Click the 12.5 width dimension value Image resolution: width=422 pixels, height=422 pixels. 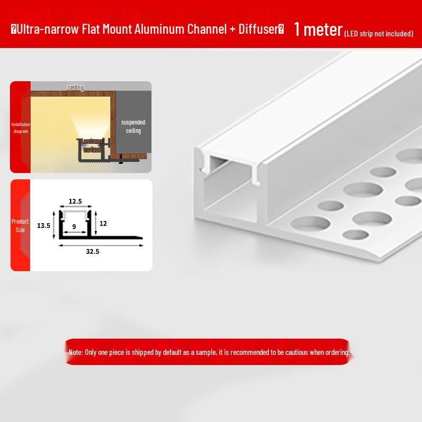pos(75,201)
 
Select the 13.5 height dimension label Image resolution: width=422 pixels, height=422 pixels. pos(44,225)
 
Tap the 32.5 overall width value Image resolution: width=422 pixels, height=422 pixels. pos(93,252)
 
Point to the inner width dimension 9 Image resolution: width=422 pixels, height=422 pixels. pos(74,226)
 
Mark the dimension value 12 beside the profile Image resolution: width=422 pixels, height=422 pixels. pos(103,224)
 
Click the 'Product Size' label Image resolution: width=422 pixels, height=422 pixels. pos(20,226)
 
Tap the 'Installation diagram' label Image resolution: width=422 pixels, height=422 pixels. pos(21,128)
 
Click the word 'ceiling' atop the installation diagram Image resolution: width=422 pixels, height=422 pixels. pos(76,88)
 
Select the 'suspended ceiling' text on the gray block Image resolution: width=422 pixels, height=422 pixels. pos(133,126)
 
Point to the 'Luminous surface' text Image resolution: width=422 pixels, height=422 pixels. pos(92,146)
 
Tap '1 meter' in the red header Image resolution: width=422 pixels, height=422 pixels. pos(318,30)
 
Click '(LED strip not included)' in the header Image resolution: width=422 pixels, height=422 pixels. pos(378,34)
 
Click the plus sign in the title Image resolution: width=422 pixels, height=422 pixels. pos(233,30)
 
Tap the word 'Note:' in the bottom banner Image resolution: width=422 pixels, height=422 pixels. pos(75,352)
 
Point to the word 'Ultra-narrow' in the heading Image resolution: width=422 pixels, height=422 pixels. pos(47,29)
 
